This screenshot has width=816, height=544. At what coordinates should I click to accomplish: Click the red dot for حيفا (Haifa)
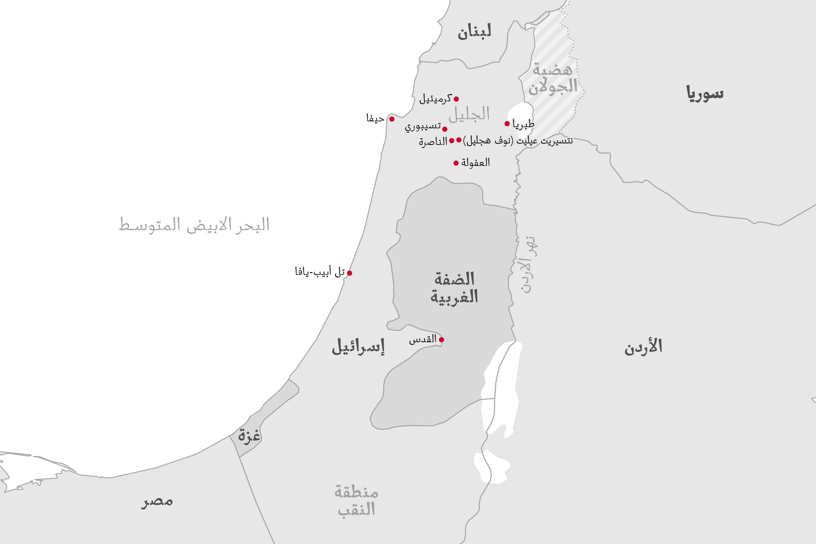pyautogui.click(x=392, y=119)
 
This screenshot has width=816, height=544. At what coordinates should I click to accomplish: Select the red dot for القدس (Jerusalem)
pyautogui.click(x=441, y=340)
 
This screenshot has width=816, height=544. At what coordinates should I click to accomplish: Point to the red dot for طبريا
pyautogui.click(x=507, y=124)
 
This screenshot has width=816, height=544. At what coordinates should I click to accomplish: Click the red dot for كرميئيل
pyautogui.click(x=456, y=99)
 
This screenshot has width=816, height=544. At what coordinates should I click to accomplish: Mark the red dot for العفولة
pyautogui.click(x=456, y=163)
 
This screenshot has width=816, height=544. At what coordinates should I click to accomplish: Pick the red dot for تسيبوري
pyautogui.click(x=445, y=129)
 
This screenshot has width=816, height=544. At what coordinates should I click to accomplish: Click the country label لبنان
pyautogui.click(x=474, y=32)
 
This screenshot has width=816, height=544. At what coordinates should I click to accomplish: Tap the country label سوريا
pyautogui.click(x=705, y=94)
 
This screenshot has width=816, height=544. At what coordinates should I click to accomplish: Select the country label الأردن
pyautogui.click(x=643, y=347)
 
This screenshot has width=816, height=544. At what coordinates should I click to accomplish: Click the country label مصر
pyautogui.click(x=157, y=502)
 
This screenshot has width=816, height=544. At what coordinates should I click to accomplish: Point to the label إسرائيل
pyautogui.click(x=358, y=347)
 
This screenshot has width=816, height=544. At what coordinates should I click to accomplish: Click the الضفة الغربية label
pyautogui.click(x=454, y=288)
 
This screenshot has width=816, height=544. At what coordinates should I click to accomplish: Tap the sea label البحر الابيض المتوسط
pyautogui.click(x=194, y=225)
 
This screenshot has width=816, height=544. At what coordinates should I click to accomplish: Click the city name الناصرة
pyautogui.click(x=433, y=142)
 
